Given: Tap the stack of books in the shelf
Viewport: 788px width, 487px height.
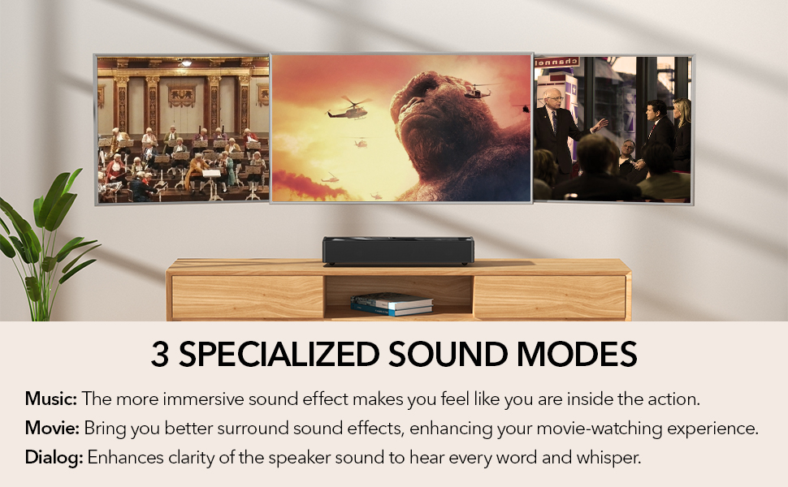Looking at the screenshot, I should pos(392,304).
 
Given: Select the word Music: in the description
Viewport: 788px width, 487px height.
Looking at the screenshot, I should pos(50,399).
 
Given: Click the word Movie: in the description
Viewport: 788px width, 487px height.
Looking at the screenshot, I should pos(52,428).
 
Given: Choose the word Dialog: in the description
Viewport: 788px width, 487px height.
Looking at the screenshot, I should pos(54,457).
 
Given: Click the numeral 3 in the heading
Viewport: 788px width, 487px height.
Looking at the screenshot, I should pos(161,356).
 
